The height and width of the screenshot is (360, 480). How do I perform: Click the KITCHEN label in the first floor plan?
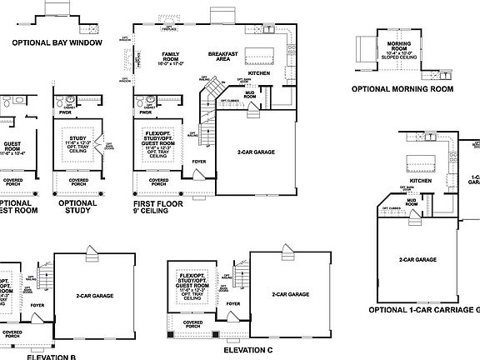pyautogui.click(x=260, y=72)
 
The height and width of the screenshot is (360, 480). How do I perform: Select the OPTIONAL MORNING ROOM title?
pyautogui.click(x=402, y=88)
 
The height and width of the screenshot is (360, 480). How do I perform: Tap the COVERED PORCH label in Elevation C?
pyautogui.click(x=192, y=325)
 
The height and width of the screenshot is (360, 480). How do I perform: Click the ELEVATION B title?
pyautogui.click(x=51, y=356)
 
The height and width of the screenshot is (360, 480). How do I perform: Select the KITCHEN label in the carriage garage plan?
pyautogui.click(x=419, y=180)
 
